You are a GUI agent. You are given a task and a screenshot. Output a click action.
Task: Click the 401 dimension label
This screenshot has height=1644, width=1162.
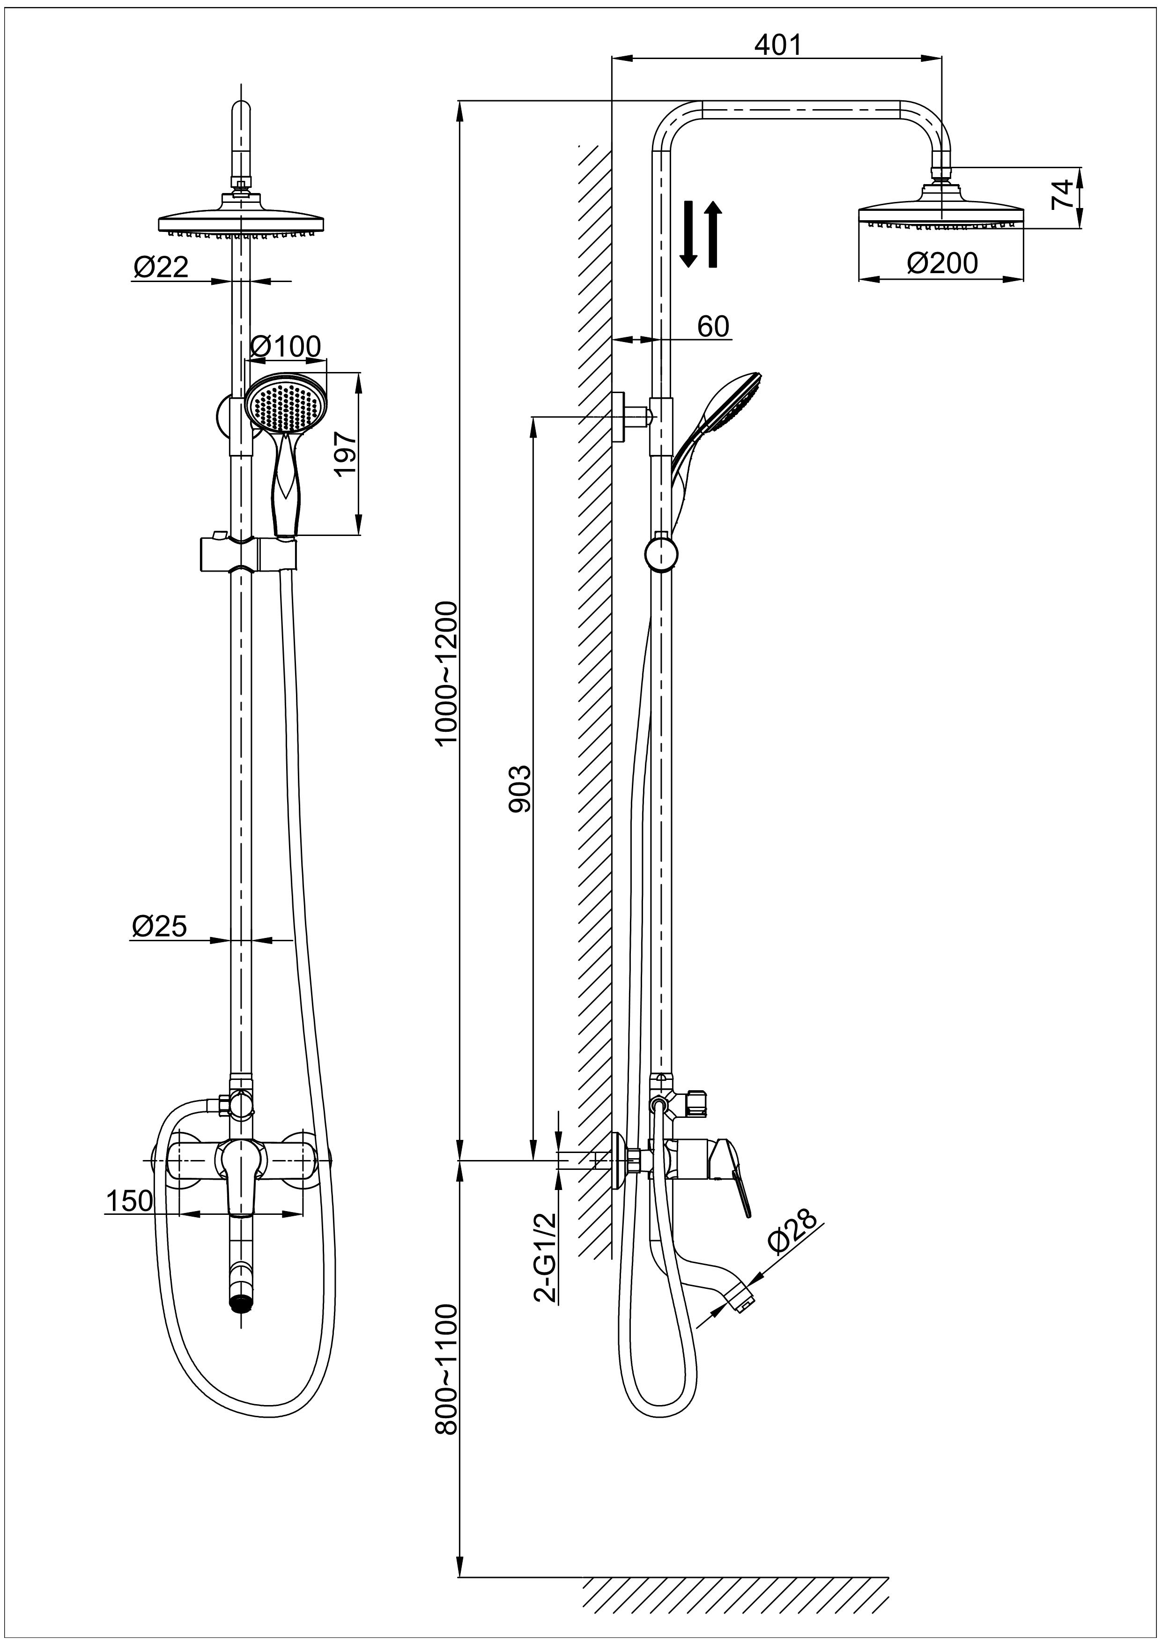coord(778,45)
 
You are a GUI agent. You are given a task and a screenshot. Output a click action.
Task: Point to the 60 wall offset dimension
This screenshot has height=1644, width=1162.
coord(713,327)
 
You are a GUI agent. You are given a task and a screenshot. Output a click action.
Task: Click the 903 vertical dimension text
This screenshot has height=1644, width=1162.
coord(520,789)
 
